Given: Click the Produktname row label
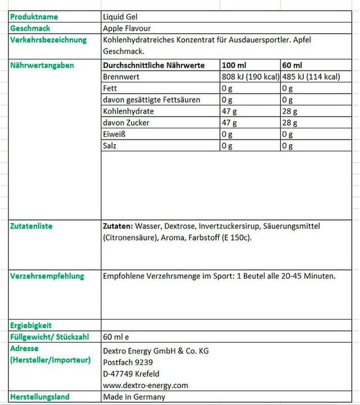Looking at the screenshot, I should (x=34, y=17).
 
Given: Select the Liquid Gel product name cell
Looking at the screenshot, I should (x=120, y=17).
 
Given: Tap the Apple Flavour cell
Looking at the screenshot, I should (x=127, y=28).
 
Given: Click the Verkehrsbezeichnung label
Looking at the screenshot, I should (x=48, y=40).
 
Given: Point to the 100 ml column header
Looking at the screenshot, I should (x=234, y=65).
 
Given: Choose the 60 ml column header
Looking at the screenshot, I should (x=292, y=65).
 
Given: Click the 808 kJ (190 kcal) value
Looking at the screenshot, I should (x=250, y=76).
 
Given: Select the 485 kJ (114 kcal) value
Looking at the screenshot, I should (x=310, y=76).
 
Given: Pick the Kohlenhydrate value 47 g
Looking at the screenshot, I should (x=229, y=111).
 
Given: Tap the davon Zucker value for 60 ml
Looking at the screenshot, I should (x=290, y=123).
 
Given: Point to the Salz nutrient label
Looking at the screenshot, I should (x=111, y=146).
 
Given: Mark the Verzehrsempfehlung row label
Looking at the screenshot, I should (x=47, y=276).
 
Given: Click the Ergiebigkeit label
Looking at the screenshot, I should (x=31, y=325).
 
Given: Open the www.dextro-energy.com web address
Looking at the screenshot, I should (x=146, y=385).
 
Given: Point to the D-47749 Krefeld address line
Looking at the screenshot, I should (x=131, y=373).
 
